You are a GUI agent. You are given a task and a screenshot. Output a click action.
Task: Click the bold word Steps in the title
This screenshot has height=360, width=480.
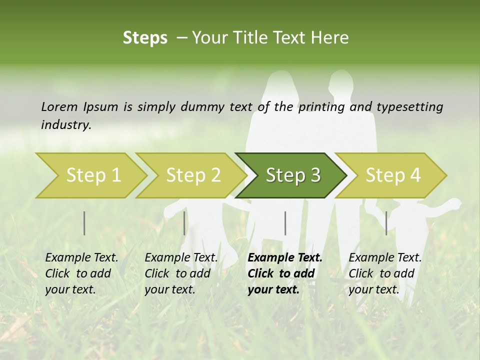[145, 38]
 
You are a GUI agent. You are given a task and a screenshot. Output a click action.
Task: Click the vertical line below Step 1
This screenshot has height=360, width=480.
[84, 223]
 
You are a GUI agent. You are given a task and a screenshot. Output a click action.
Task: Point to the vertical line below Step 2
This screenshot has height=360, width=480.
[184, 223]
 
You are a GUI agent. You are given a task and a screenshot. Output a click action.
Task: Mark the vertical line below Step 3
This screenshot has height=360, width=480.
[285, 223]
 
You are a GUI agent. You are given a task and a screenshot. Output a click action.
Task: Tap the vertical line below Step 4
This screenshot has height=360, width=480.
[386, 223]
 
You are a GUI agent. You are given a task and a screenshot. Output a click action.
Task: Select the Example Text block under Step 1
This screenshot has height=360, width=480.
[81, 273]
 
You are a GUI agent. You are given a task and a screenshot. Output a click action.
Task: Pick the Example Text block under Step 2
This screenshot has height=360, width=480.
[181, 273]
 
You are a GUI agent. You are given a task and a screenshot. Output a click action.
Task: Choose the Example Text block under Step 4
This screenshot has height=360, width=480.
[385, 273]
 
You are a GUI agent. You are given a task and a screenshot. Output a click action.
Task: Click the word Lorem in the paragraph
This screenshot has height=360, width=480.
[59, 106]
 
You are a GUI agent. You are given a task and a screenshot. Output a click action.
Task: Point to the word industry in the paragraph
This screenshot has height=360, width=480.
[66, 124]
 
